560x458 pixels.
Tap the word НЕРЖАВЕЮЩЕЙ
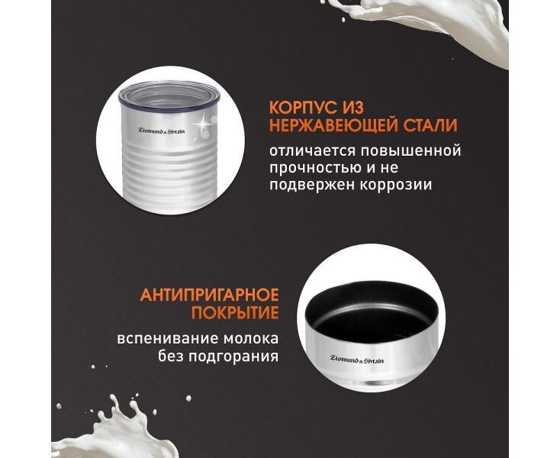click(x=334, y=126)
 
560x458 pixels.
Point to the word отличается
click(x=313, y=151)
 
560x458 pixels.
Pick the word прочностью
click(x=315, y=168)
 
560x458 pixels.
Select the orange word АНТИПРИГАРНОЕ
click(x=209, y=295)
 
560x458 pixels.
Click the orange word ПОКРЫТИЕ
click(x=235, y=313)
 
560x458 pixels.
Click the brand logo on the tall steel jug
click(x=162, y=131)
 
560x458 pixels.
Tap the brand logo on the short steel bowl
click(x=357, y=359)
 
